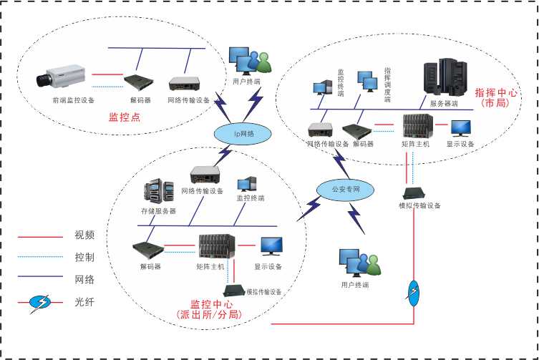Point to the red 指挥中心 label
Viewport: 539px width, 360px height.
pyautogui.click(x=495, y=93)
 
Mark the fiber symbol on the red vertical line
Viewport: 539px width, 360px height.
pyautogui.click(x=414, y=290)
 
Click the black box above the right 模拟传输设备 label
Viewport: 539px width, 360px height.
pyautogui.click(x=413, y=193)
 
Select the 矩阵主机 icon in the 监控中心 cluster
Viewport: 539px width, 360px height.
pyautogui.click(x=212, y=248)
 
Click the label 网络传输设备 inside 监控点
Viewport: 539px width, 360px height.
pyautogui.click(x=188, y=101)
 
